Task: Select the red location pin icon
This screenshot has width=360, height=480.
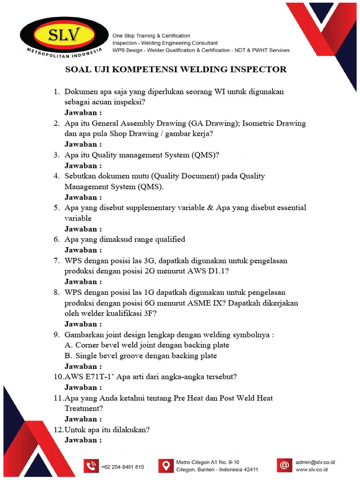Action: click(165, 465)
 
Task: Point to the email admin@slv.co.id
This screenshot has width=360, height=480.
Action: click(318, 462)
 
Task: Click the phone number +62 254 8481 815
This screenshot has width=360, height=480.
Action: click(122, 467)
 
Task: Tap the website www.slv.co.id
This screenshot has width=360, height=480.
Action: click(311, 469)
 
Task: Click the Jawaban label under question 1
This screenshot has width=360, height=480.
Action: click(83, 113)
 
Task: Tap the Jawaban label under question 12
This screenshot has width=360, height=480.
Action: click(83, 440)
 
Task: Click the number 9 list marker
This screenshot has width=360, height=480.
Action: click(56, 335)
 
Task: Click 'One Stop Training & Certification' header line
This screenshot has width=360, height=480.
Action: click(150, 36)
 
